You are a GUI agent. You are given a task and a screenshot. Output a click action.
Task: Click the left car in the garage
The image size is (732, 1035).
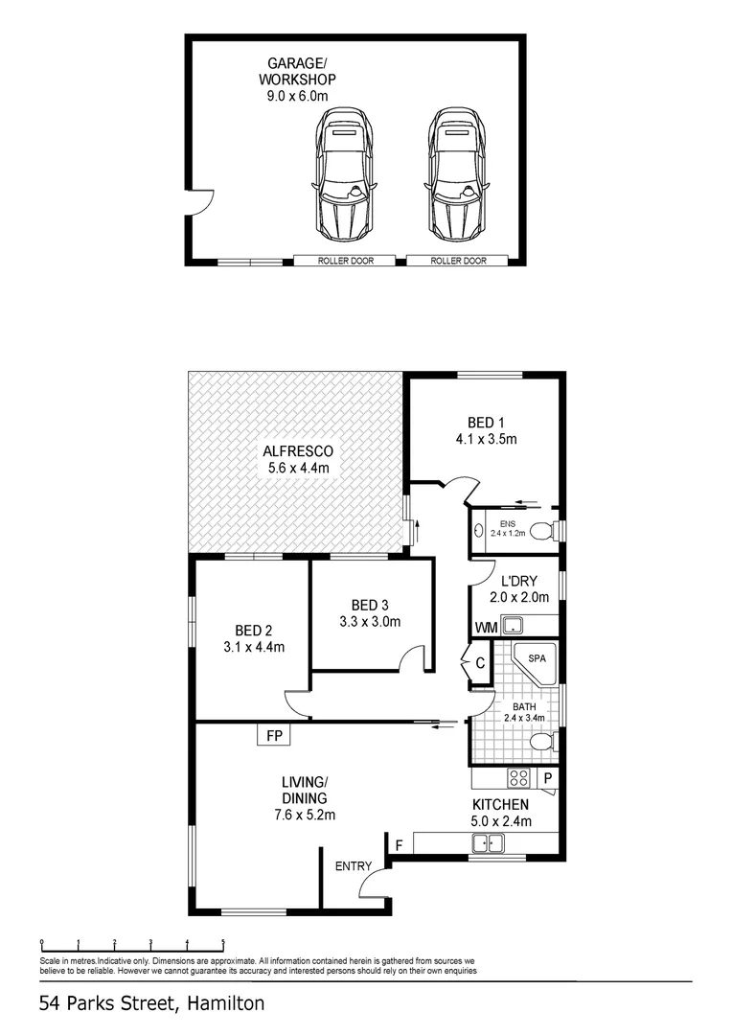pos(343,177)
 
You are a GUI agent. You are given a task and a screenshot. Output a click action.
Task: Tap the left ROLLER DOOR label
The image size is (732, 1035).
pos(346,261)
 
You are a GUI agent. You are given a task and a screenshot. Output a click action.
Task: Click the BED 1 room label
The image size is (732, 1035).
pos(486,431)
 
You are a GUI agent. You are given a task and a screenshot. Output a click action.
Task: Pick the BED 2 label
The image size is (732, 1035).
pos(254,638)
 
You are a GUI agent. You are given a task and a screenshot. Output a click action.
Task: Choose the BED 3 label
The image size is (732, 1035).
pos(370,612)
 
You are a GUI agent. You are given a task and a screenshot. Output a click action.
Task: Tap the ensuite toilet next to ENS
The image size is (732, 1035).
pos(542,530)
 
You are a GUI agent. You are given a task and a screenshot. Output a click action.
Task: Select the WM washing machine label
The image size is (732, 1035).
pos(485,628)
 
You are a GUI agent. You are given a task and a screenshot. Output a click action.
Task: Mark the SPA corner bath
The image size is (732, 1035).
pos(533,664)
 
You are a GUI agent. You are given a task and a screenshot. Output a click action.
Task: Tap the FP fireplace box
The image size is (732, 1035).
pos(274,736)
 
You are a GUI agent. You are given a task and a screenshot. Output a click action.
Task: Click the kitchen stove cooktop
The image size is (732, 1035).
pos(518,777)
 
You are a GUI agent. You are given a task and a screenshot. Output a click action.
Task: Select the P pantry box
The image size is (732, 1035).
pos(548,778)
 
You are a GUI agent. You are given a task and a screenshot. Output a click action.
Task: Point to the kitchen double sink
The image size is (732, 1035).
pos(489,843)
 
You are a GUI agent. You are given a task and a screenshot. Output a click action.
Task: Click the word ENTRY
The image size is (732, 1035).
pos(353,866)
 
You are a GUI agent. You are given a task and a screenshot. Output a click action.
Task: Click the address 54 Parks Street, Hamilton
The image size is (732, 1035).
pos(152,1003)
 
